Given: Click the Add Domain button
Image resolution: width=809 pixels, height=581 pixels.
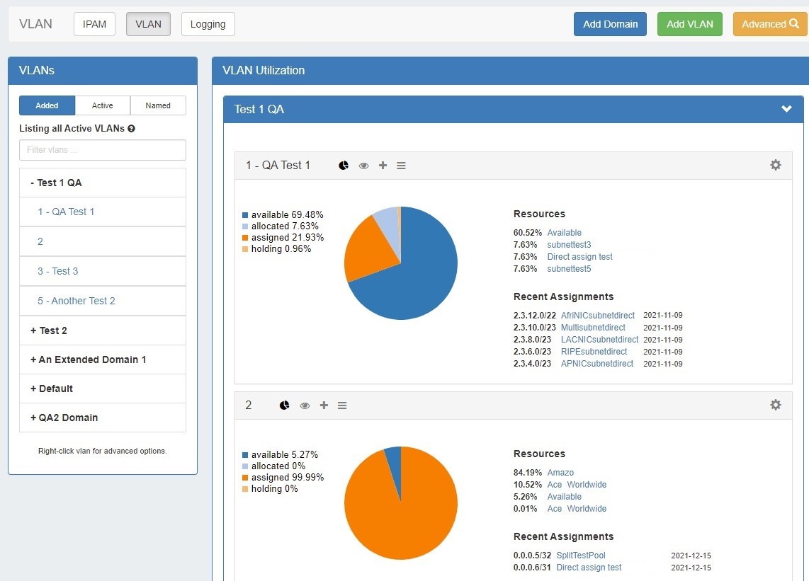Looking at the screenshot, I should point(610,24).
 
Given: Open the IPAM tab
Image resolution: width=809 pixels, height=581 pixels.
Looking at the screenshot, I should point(94,24).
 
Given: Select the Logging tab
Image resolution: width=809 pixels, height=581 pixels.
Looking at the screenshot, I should point(208,24).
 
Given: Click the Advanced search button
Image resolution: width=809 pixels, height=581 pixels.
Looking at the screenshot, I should point(769,24).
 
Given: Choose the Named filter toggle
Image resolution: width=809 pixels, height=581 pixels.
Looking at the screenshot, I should point(158,105).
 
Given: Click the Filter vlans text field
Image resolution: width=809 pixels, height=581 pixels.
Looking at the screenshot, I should point(103,150).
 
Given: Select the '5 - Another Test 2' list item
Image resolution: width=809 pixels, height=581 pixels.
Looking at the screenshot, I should point(77,301).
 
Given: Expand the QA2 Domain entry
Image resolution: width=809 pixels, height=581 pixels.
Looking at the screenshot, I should point(64,418).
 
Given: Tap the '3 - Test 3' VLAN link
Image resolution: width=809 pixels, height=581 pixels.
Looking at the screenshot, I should point(58,271).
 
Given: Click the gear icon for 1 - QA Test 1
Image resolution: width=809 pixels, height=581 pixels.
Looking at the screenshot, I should point(776,165).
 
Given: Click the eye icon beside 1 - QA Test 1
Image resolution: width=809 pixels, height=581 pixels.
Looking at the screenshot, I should point(364,166).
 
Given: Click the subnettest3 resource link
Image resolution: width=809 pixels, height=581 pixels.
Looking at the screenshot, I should point(569,245).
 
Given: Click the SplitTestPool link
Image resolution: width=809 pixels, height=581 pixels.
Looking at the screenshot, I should point(581,556).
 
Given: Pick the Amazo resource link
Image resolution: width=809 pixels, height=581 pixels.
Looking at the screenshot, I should point(560,473).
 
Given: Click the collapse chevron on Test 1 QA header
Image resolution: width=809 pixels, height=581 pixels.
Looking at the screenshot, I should point(786,109).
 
